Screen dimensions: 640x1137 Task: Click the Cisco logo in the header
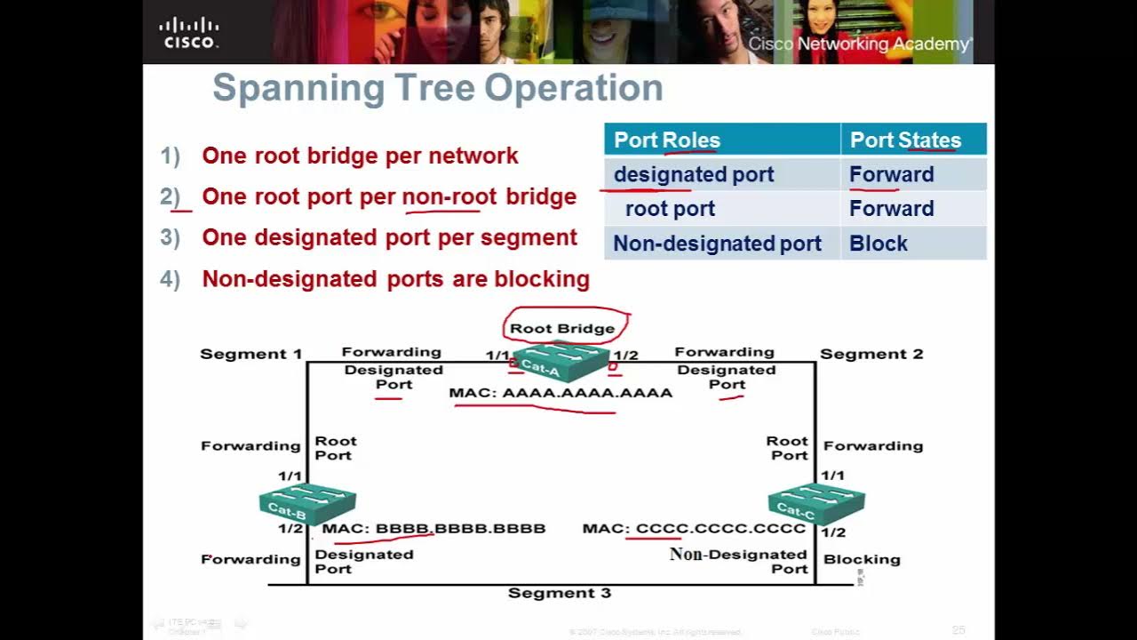tap(188, 32)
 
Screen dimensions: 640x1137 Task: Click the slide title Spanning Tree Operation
tap(437, 88)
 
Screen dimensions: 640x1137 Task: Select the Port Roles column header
tap(666, 140)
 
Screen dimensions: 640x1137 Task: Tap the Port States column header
tap(905, 140)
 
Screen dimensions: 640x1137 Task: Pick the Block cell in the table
tap(878, 244)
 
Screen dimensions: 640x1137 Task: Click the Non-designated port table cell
tap(717, 244)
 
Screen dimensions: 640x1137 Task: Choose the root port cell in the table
tap(670, 209)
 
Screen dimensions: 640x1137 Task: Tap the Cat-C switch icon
tap(815, 502)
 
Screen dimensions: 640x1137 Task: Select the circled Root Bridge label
tap(562, 328)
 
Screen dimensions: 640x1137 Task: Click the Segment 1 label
tap(250, 354)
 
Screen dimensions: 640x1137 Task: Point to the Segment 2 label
tap(871, 354)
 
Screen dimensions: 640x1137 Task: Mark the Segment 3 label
tap(560, 593)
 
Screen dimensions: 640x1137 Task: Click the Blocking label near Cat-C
tap(862, 559)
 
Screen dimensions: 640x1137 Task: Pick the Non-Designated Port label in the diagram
tap(738, 561)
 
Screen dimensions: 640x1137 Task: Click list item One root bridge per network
tap(360, 156)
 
